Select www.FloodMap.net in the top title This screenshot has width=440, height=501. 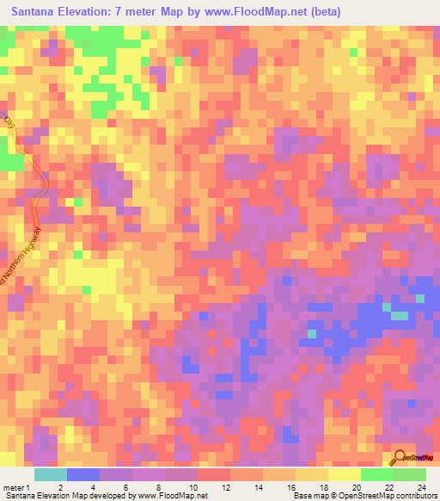pos(260,12)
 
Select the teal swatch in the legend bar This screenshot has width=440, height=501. pos(51,474)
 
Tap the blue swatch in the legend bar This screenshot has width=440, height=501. pos(83,474)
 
